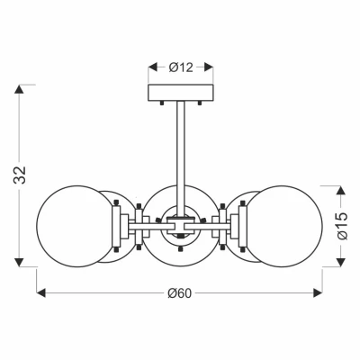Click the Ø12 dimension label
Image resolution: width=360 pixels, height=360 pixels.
pos(181,67)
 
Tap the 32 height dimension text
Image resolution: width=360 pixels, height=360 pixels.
pos(20,175)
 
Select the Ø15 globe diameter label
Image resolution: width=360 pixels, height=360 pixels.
pos(342,226)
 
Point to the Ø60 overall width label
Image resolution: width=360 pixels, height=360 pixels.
pos(179,293)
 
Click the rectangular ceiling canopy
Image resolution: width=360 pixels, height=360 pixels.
pos(181,93)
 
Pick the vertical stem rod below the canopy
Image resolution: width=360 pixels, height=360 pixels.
pos(181,158)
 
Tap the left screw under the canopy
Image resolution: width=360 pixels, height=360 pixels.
pos(162,103)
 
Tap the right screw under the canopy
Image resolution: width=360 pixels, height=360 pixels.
pos(200,103)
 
